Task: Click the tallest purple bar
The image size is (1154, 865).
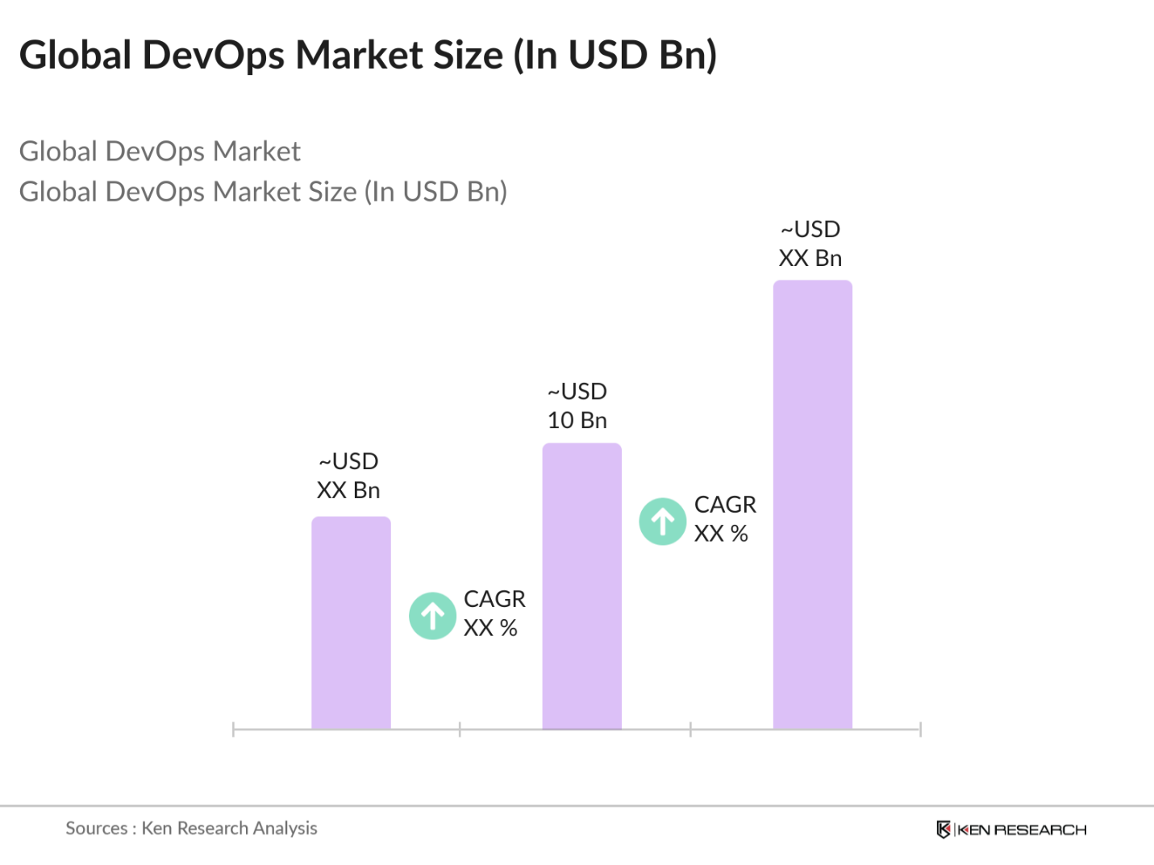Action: pos(812,505)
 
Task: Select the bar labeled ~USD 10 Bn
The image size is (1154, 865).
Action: pos(581,586)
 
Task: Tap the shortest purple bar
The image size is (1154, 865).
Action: pos(351,622)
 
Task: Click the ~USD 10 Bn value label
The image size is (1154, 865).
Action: pos(577,405)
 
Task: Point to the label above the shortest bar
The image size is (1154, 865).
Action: pos(348,476)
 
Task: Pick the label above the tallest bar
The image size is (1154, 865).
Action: pos(810,243)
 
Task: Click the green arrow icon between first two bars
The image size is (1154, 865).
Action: pos(433,616)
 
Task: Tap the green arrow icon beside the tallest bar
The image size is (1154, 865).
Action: pos(663,522)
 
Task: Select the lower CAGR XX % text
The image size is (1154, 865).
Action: pos(494,613)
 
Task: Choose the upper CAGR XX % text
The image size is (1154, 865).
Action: pos(724,518)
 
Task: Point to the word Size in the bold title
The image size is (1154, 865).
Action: pos(469,55)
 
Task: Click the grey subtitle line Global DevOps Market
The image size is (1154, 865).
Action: pos(160,152)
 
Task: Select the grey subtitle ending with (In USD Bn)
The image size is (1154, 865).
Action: pos(263,192)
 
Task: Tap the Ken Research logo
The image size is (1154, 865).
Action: pos(1011,830)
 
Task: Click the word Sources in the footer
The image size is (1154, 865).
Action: pos(96,828)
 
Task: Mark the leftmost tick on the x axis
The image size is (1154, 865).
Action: pos(233,730)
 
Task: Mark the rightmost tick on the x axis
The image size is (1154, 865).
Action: pos(920,730)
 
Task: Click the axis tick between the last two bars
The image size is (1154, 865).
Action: pos(690,730)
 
